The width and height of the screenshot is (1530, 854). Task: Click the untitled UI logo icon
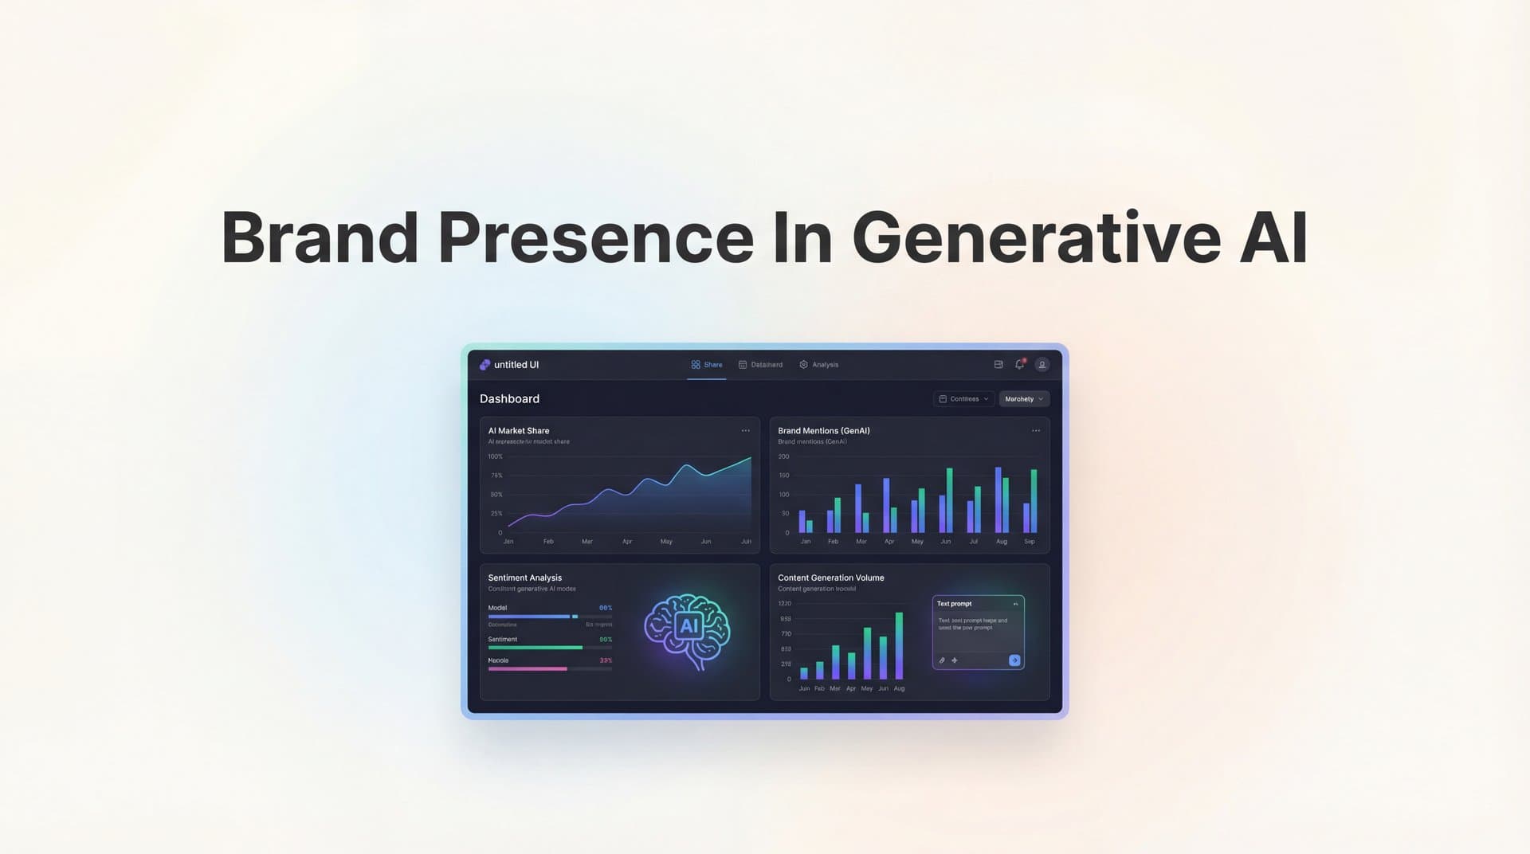pyautogui.click(x=484, y=365)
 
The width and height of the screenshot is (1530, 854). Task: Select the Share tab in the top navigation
pyautogui.click(x=707, y=365)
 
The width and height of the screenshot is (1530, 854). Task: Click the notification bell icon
pyautogui.click(x=1019, y=365)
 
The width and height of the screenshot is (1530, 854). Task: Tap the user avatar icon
pyautogui.click(x=1042, y=365)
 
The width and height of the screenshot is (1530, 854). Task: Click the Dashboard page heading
pyautogui.click(x=509, y=399)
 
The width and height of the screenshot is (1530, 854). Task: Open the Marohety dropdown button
pyautogui.click(x=1024, y=399)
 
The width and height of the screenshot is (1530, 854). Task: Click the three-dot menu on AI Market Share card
pyautogui.click(x=746, y=431)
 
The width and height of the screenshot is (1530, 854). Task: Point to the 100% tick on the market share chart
pyautogui.click(x=496, y=457)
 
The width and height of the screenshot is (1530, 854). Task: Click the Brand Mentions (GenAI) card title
pyautogui.click(x=823, y=431)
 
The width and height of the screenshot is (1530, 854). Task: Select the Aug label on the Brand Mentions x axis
pyautogui.click(x=1002, y=542)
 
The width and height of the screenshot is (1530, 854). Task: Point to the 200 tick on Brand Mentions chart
pyautogui.click(x=783, y=457)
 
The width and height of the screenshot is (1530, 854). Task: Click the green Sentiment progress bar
pyautogui.click(x=535, y=648)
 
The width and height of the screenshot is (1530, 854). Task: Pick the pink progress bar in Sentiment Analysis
pyautogui.click(x=527, y=669)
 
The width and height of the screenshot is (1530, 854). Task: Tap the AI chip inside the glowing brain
pyautogui.click(x=688, y=626)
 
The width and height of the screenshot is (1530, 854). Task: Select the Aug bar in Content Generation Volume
pyautogui.click(x=899, y=645)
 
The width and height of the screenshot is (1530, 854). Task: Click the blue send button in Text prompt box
pyautogui.click(x=1014, y=660)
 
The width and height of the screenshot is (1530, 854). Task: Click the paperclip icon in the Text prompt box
pyautogui.click(x=942, y=660)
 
